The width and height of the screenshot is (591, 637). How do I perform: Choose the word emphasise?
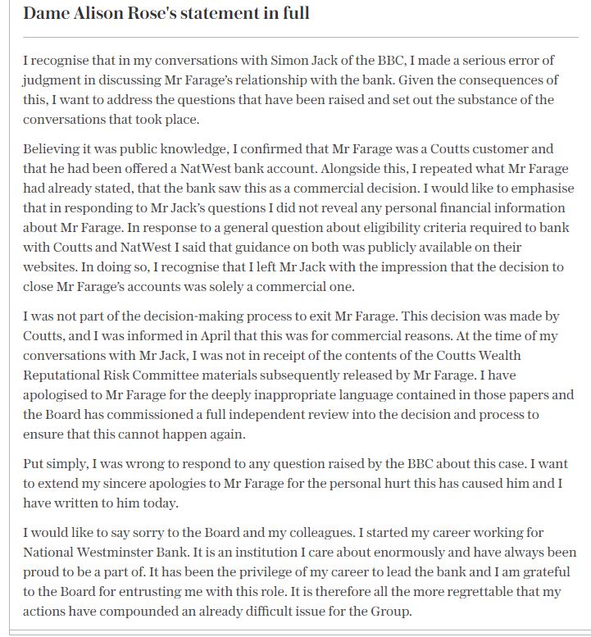point(542,188)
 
